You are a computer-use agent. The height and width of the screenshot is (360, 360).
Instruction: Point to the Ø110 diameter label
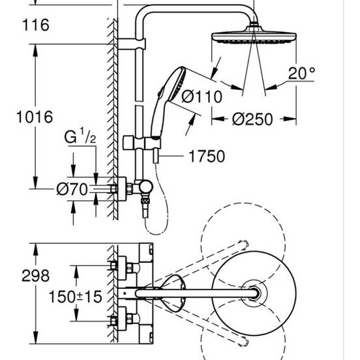pos(202,97)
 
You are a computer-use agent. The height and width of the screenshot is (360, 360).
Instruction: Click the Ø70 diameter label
pos(72,189)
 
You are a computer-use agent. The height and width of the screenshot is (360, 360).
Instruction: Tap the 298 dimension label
pos(17,277)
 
